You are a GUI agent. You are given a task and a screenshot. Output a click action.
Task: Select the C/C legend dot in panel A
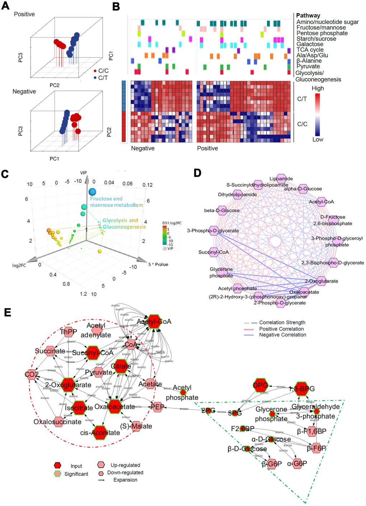(x=95, y=71)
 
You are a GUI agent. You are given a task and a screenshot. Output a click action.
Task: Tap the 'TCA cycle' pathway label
(x=310, y=50)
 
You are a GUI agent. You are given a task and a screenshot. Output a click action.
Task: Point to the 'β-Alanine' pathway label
(x=309, y=61)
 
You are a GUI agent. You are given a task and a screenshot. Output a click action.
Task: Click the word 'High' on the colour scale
(x=318, y=88)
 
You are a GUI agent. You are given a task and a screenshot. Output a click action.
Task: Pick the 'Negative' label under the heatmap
(x=142, y=148)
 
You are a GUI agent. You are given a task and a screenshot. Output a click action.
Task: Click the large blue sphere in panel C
(x=93, y=192)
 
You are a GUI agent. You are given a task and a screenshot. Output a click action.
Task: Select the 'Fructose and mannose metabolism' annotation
(x=116, y=202)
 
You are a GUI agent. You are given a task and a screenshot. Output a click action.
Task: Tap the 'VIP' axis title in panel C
(x=83, y=173)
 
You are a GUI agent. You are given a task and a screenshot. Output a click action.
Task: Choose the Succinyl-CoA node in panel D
(x=214, y=252)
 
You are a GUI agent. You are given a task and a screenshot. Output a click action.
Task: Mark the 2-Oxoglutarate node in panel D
(x=322, y=281)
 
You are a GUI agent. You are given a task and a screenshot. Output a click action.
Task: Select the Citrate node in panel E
(x=121, y=366)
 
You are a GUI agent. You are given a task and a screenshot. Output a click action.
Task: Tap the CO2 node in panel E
(x=31, y=375)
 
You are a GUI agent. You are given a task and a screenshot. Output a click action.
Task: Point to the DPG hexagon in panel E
(x=261, y=385)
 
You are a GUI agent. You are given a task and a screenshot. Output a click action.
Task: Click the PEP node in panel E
(x=157, y=407)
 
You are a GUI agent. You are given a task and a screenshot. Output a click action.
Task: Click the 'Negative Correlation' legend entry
(x=282, y=335)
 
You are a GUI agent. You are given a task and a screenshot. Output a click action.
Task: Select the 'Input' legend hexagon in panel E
(x=57, y=465)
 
